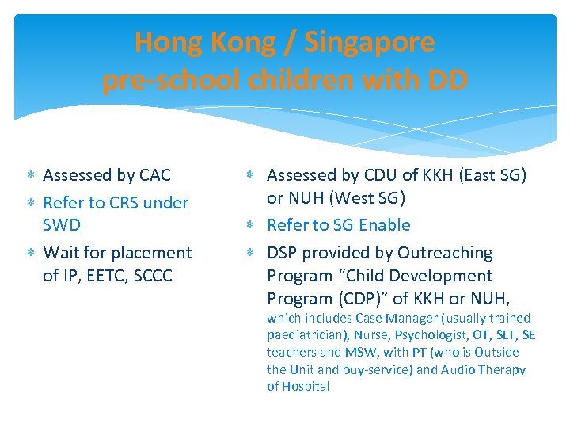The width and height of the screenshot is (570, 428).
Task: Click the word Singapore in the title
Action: pyautogui.click(x=369, y=42)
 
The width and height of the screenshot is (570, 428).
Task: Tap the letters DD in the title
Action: pyautogui.click(x=446, y=80)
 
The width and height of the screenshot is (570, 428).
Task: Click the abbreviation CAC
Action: pyautogui.click(x=154, y=174)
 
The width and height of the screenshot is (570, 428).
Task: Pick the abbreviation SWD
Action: pyautogui.click(x=62, y=224)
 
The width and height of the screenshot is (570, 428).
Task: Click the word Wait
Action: pyautogui.click(x=61, y=252)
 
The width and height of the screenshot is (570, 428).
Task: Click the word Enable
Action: pyautogui.click(x=384, y=224)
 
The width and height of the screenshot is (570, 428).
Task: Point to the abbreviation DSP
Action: pyautogui.click(x=283, y=252)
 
